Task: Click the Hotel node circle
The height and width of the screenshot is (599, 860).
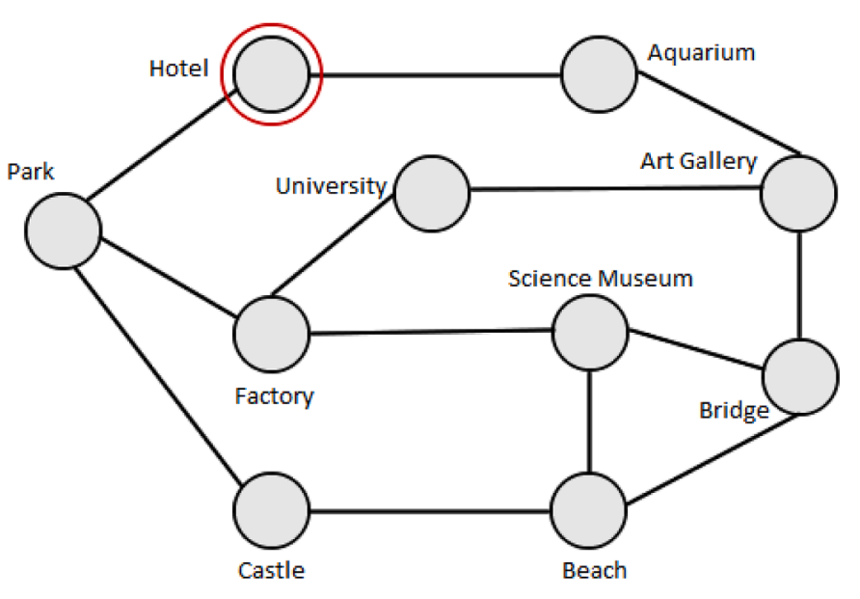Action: click(271, 74)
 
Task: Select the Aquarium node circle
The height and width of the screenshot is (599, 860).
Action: click(600, 74)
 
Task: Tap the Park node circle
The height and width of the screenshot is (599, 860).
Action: click(64, 231)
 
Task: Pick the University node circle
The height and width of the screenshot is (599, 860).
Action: click(431, 193)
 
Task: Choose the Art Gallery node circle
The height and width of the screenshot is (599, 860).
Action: click(797, 193)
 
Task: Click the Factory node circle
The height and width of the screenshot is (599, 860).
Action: click(271, 335)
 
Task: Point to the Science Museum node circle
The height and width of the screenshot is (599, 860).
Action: click(590, 333)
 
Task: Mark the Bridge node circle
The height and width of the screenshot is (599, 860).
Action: click(799, 376)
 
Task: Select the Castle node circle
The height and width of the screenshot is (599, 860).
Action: click(271, 510)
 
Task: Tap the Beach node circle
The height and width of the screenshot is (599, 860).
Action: click(589, 510)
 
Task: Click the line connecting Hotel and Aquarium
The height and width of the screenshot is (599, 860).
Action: click(439, 74)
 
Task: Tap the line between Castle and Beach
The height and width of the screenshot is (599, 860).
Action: click(430, 510)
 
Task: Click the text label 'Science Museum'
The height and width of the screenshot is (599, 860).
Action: click(600, 279)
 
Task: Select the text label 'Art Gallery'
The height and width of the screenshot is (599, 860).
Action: click(698, 161)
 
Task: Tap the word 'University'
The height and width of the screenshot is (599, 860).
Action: click(331, 185)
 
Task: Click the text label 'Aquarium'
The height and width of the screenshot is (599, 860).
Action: click(701, 52)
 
